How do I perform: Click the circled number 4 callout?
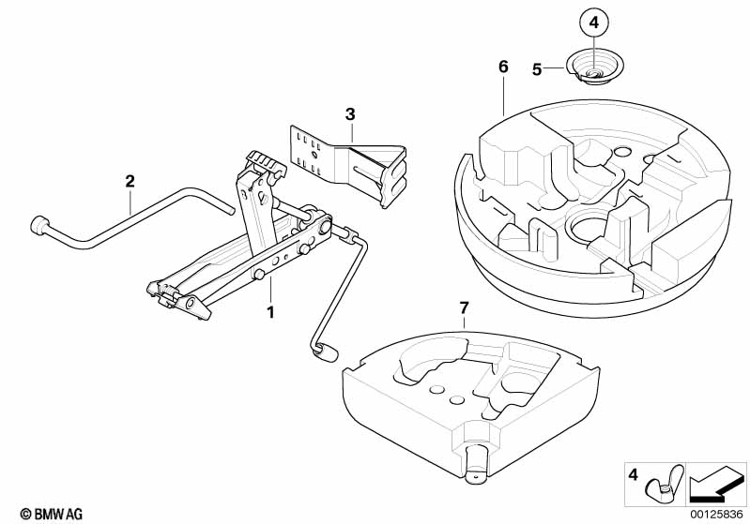(593, 22)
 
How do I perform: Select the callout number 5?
(537, 69)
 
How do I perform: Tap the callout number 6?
(503, 67)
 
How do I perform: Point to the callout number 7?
(464, 308)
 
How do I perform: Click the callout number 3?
(350, 114)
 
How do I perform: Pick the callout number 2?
(130, 182)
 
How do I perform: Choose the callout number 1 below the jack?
(270, 313)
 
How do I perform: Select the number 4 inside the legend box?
(633, 475)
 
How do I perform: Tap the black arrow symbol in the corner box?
(715, 485)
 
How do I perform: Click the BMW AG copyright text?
(52, 514)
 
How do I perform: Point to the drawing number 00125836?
(716, 515)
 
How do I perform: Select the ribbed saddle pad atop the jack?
(265, 162)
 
